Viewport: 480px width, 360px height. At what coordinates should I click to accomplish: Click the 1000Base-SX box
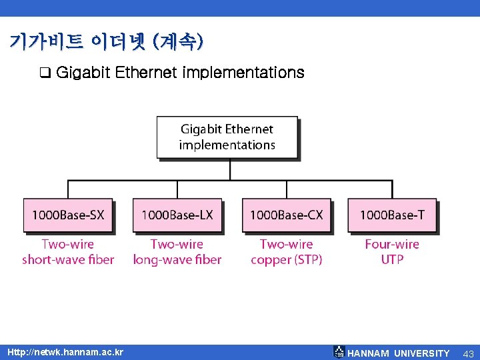coord(68,215)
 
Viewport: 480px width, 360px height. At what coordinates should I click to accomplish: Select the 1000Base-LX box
coord(177,215)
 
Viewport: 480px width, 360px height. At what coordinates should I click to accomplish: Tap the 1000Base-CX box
coord(286,215)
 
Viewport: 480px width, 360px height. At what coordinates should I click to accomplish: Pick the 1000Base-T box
coord(392,215)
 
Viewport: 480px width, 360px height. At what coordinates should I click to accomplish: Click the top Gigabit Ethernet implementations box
coord(227,137)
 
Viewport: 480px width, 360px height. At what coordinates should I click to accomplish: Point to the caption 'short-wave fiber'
coord(68,260)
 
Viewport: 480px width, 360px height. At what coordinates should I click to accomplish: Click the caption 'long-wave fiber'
coord(177,260)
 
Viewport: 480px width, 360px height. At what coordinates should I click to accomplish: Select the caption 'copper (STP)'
coord(287,260)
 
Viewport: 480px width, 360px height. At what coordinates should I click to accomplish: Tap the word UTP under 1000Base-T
coord(392,260)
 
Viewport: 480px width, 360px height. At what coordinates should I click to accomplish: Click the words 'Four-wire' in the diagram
coord(392,244)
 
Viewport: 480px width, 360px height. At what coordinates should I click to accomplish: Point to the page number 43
coord(468,353)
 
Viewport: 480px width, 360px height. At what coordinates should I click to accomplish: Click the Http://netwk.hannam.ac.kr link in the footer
coord(65,352)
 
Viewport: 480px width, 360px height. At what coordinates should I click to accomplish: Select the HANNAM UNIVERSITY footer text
coord(399,353)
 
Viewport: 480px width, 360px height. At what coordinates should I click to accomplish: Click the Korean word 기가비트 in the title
coord(46,42)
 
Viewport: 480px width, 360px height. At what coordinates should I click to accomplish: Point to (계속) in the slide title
coord(178,42)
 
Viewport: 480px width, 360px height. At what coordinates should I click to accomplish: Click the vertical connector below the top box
coord(230,169)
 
